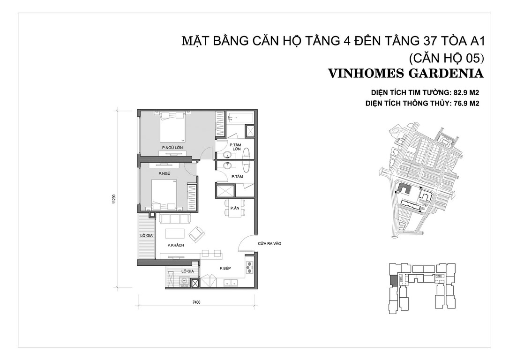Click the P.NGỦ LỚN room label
pos(172,148)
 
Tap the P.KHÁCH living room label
pos(176,245)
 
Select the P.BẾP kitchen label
pos(225,269)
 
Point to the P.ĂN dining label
pos(235,208)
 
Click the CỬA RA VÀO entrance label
pos(269,243)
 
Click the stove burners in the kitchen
pos(250,268)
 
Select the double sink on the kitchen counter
pos(231,282)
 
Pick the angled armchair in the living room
pos(197,234)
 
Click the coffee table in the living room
pos(175,234)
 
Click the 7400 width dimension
pos(196,302)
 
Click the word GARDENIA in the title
pos(446,74)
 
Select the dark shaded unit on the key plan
pos(393,280)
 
